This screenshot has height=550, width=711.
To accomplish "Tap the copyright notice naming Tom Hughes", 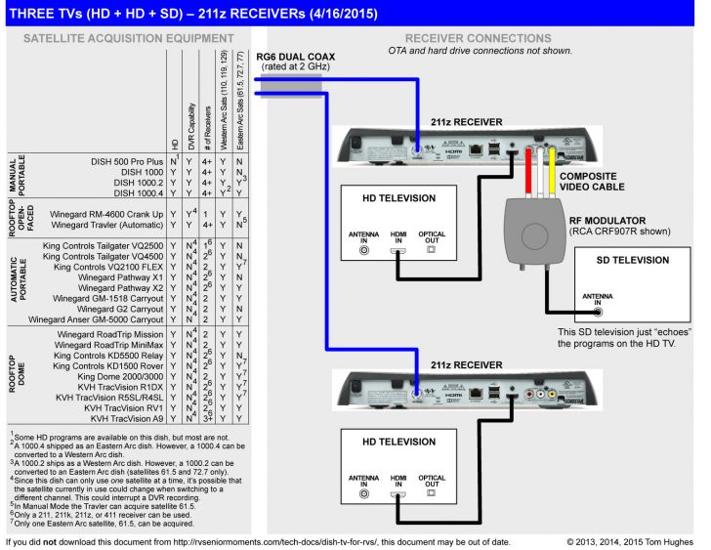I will point(629,540).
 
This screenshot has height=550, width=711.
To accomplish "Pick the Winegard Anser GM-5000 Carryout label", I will point(96,318).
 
